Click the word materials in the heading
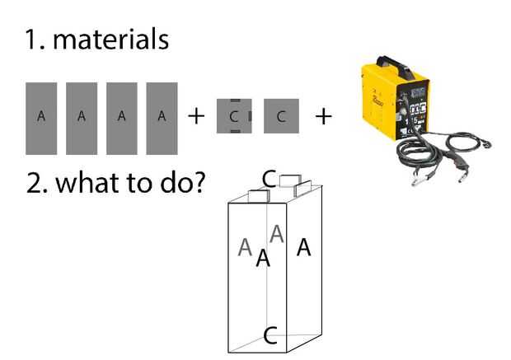tap(110, 39)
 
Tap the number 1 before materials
tap(33, 39)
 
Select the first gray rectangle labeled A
tap(41, 118)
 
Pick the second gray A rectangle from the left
tap(81, 118)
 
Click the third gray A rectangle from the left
tap(121, 118)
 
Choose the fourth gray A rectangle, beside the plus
tap(162, 118)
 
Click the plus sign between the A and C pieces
tap(196, 116)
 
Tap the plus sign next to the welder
tap(324, 116)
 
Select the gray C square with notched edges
tap(234, 116)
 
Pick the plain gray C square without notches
tap(281, 116)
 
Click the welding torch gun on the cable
tap(459, 164)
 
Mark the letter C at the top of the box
tap(269, 178)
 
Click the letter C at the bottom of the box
tap(270, 334)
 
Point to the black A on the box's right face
tap(304, 246)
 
